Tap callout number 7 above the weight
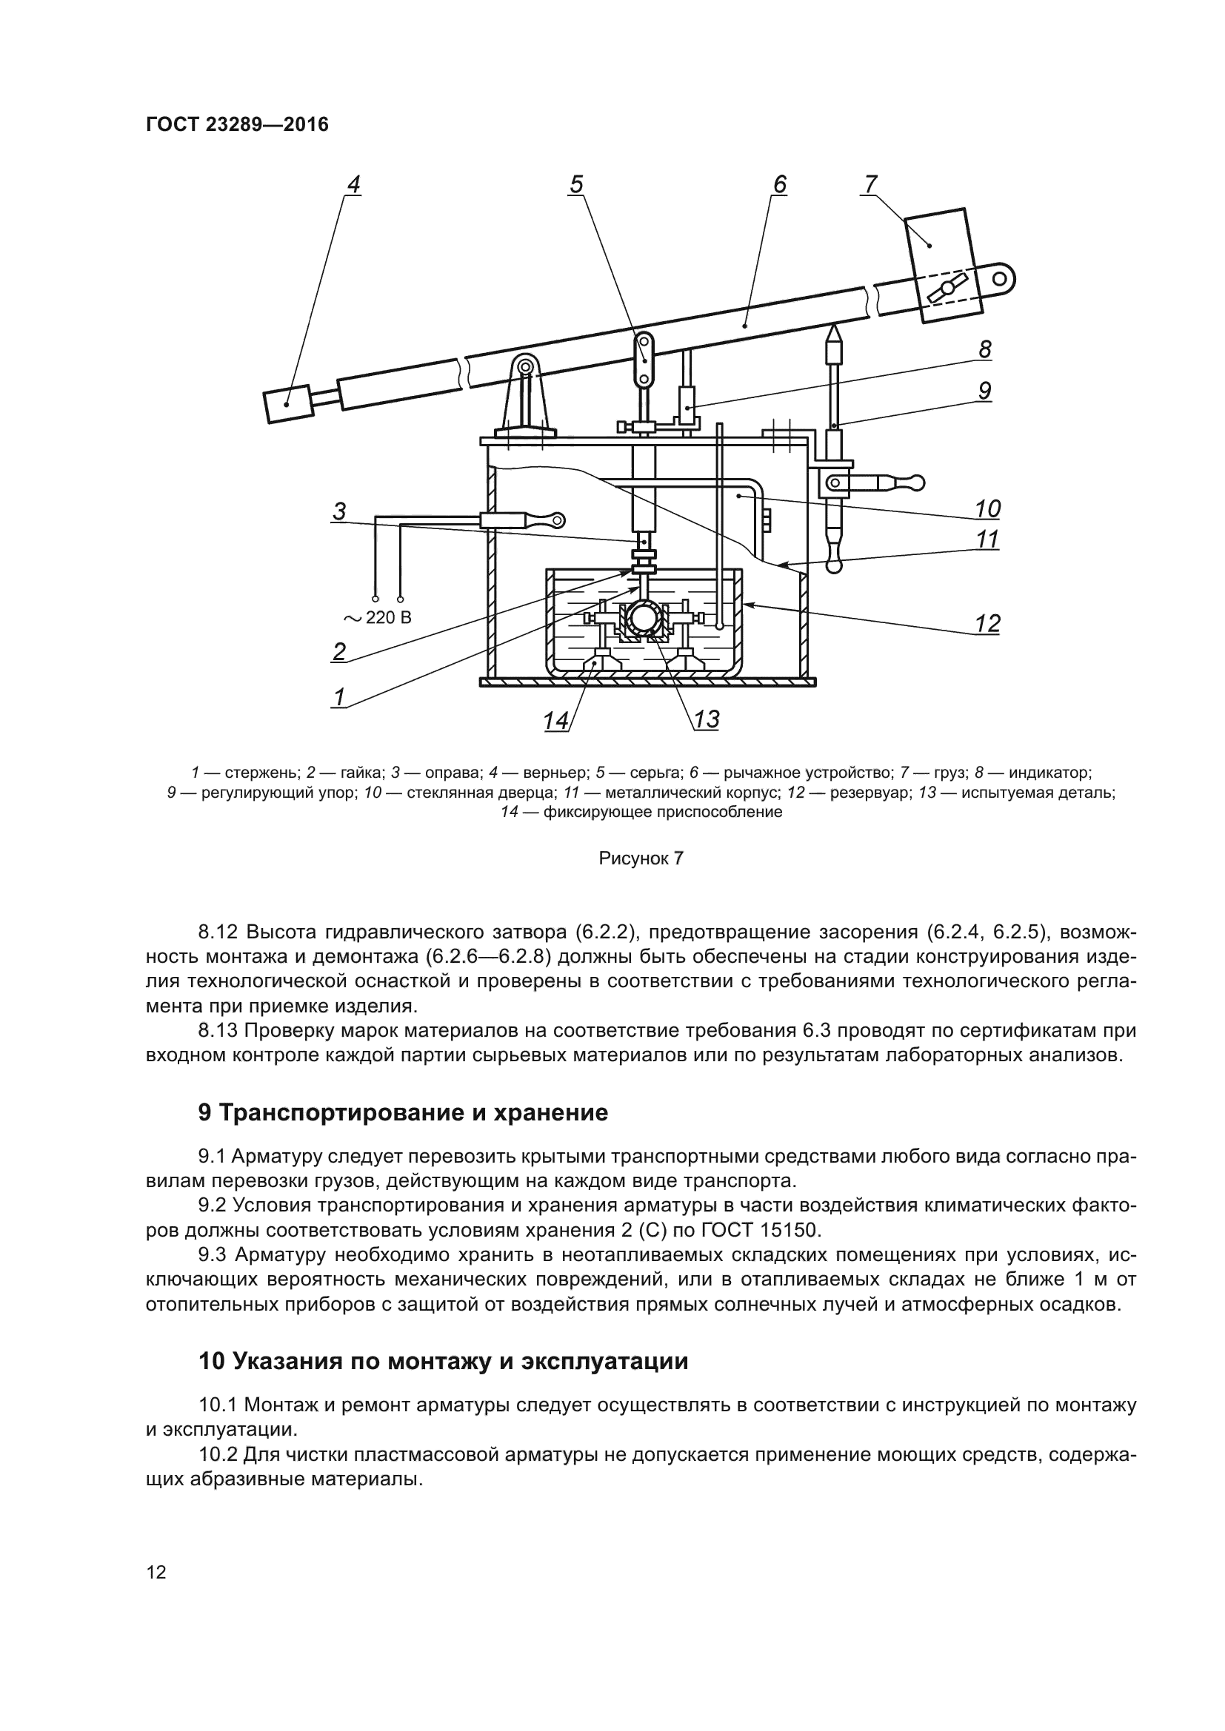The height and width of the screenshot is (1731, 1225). [x=870, y=184]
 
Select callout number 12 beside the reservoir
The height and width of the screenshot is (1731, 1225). [x=987, y=623]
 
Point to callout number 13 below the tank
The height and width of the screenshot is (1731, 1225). [x=706, y=719]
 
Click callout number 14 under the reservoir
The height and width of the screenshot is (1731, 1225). [x=556, y=721]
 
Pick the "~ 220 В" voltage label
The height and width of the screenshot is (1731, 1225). [x=378, y=618]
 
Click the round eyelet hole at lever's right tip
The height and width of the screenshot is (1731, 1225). [x=999, y=279]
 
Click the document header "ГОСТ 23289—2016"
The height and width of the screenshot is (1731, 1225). [x=237, y=124]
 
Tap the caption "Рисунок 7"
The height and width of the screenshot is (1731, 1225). [x=641, y=858]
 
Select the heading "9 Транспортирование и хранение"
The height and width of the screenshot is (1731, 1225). [x=403, y=1113]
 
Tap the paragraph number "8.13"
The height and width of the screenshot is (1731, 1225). [x=218, y=1030]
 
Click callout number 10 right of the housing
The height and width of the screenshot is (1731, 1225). [x=987, y=509]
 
